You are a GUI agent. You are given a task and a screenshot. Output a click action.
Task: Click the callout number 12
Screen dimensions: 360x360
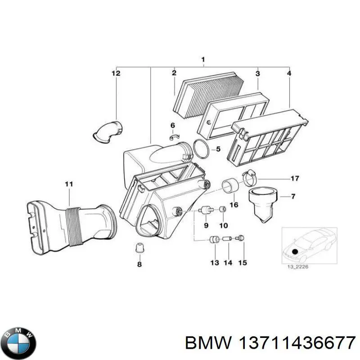point(116,73)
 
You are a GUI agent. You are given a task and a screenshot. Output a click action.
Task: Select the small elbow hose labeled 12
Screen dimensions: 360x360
point(107,130)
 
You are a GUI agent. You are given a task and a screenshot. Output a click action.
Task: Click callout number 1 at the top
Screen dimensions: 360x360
point(203,59)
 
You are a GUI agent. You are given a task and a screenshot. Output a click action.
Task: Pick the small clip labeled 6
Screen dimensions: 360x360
point(174,136)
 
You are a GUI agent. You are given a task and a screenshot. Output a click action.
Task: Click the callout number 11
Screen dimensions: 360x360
point(68,184)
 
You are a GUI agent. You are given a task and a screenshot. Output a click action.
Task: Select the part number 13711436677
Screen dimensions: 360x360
point(270,343)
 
